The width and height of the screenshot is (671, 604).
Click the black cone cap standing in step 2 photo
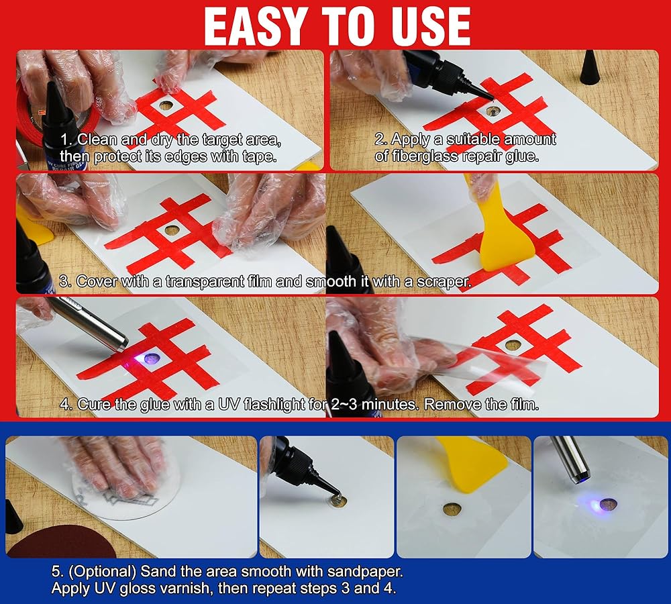click(589, 67)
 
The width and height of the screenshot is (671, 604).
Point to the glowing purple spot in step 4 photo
click(151, 359)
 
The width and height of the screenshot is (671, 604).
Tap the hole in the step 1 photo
click(165, 105)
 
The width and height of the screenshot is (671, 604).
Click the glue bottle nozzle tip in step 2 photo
click(491, 99)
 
